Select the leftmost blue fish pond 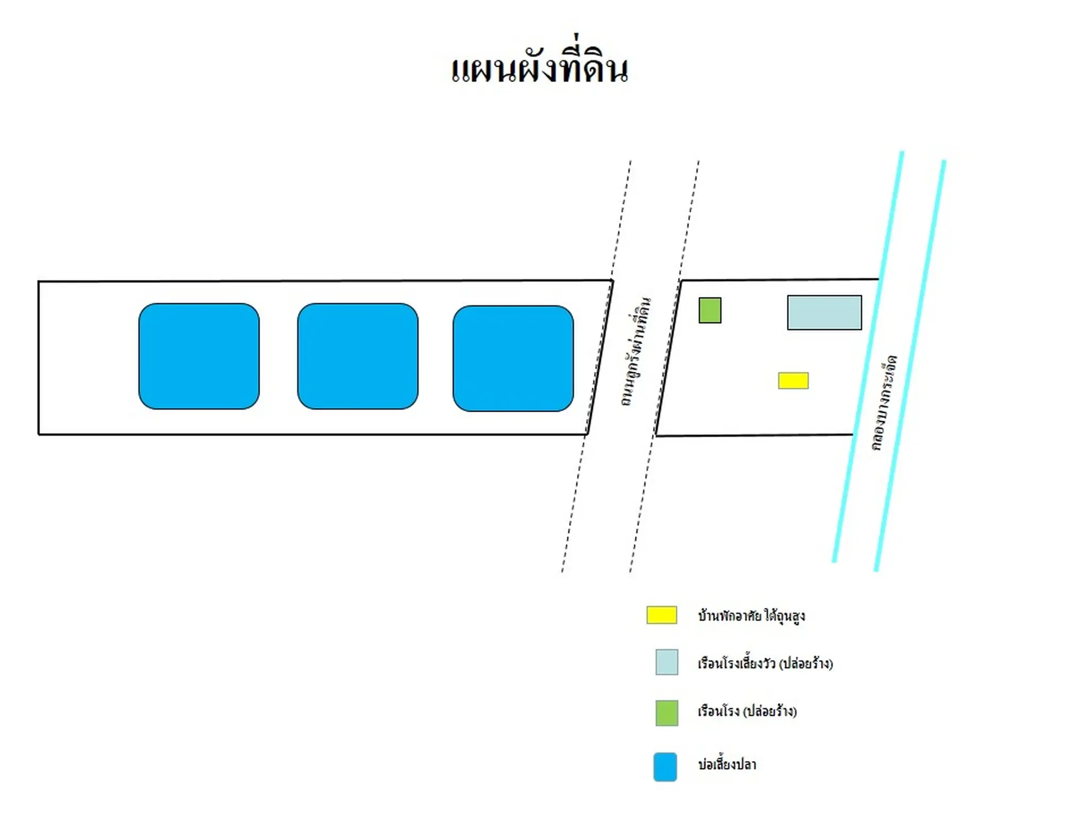point(199,356)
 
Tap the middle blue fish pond point(358,356)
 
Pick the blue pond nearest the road point(513,359)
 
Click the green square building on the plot point(710,310)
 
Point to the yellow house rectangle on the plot point(793,381)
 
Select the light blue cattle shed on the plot point(825,313)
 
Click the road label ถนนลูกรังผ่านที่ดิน point(636,352)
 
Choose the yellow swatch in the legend point(662,615)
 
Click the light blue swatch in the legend point(667,662)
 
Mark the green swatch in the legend point(667,713)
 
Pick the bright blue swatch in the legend point(665,767)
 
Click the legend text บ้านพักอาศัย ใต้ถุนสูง point(751,616)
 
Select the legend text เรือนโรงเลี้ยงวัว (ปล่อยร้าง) point(765,663)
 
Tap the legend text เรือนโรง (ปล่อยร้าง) point(747,711)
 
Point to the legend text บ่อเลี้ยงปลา point(727,764)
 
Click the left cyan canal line point(868,356)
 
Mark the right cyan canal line point(910,365)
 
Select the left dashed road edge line point(597,366)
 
